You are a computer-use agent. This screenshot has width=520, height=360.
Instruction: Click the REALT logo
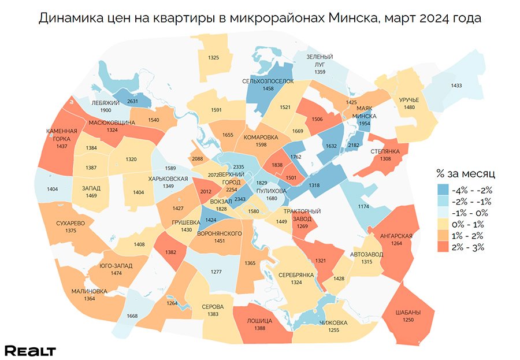[30, 351]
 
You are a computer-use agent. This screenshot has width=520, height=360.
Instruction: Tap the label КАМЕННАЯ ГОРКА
[62, 135]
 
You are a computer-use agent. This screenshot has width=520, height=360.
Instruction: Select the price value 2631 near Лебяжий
[133, 101]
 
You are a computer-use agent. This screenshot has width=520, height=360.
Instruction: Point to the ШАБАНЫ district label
[408, 313]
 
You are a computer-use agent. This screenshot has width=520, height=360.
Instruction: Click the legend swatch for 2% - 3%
[444, 247]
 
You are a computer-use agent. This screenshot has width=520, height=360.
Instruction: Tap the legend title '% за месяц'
[465, 173]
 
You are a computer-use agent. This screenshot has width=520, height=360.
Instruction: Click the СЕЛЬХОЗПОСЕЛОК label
[268, 81]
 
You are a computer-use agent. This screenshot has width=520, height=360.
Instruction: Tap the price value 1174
[363, 206]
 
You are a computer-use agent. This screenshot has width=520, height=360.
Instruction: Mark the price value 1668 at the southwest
[132, 316]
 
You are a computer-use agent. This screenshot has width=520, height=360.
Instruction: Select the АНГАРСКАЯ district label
[396, 235]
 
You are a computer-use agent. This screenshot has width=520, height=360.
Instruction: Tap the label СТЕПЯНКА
[382, 151]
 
